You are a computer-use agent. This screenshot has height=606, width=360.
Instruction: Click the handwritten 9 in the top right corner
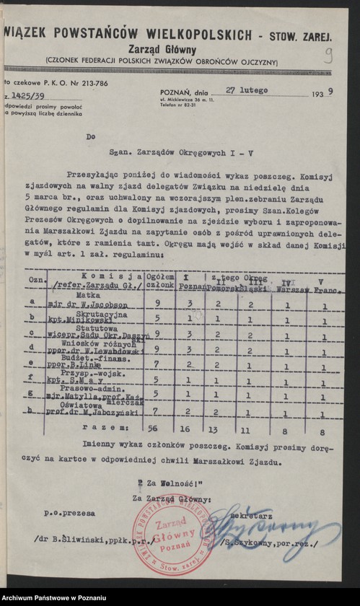click(328, 56)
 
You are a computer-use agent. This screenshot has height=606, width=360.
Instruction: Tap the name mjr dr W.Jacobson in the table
click(91, 304)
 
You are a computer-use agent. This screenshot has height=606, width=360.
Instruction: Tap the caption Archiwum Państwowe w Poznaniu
click(55, 599)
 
